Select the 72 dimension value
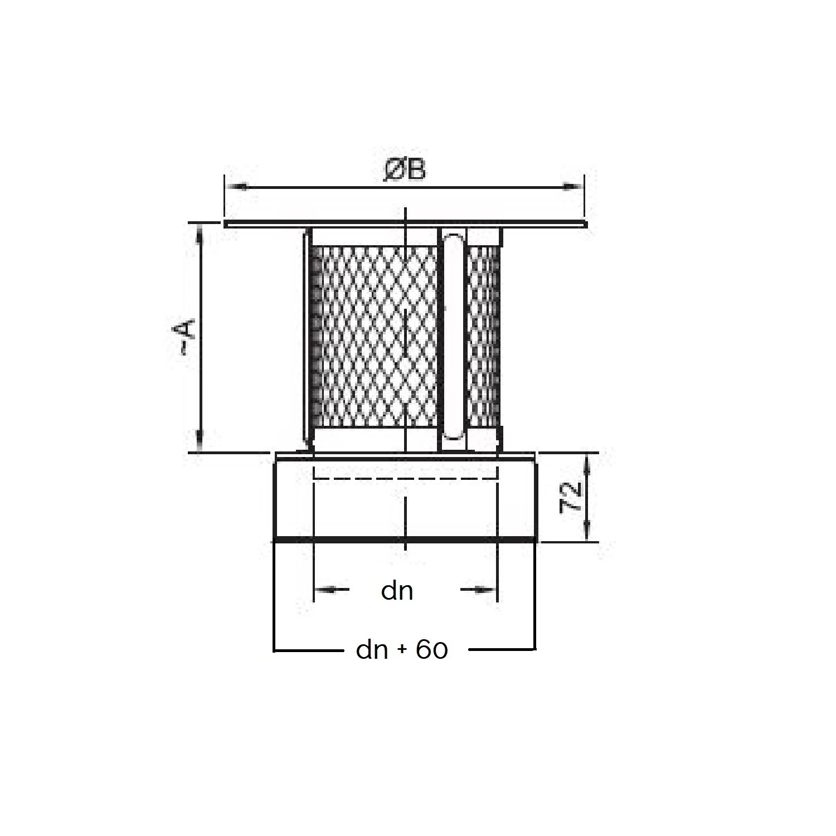(x=571, y=497)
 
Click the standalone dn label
(x=397, y=591)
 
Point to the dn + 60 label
(x=402, y=649)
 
